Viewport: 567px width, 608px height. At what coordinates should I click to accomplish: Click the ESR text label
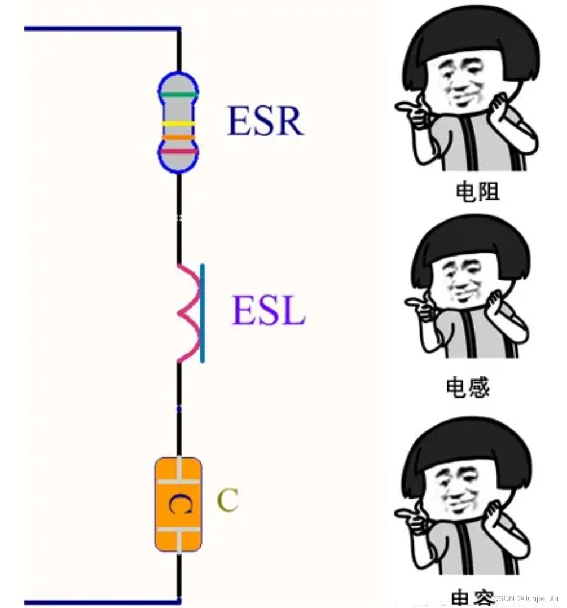pyautogui.click(x=265, y=121)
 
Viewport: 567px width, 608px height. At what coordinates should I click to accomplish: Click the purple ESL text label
pyautogui.click(x=269, y=311)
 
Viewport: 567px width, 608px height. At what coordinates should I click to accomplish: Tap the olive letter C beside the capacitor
pyautogui.click(x=228, y=500)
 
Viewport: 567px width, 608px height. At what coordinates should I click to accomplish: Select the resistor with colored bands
pyautogui.click(x=178, y=122)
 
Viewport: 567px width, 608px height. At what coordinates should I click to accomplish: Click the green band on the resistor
pyautogui.click(x=178, y=95)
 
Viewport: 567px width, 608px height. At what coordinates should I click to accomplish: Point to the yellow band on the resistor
pyautogui.click(x=178, y=124)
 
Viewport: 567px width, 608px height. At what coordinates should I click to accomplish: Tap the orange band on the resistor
pyautogui.click(x=178, y=137)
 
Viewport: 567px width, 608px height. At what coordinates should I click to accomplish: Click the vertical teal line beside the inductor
pyautogui.click(x=202, y=313)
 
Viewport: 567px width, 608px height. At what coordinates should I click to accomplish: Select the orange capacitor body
pyautogui.click(x=178, y=504)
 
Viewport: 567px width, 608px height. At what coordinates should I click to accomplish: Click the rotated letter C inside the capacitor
pyautogui.click(x=179, y=504)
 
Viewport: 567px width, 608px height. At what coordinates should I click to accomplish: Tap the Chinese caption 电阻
pyautogui.click(x=477, y=192)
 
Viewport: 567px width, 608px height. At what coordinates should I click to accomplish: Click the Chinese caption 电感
pyautogui.click(x=468, y=387)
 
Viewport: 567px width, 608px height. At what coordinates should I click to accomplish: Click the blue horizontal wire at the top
pyautogui.click(x=102, y=28)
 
